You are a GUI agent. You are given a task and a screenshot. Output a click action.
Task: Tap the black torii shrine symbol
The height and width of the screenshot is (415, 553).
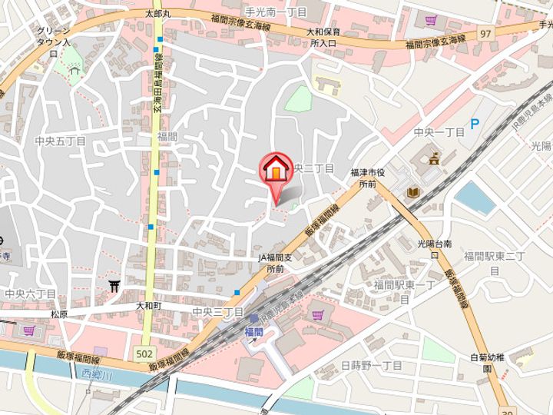pyautogui.click(x=116, y=287)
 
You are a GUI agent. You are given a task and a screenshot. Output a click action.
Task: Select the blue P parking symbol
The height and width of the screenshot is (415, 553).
pyautogui.click(x=474, y=123)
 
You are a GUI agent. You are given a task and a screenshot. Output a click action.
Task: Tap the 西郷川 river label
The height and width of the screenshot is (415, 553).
pyautogui.click(x=97, y=374)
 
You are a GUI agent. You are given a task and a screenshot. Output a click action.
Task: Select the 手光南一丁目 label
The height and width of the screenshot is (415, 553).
pyautogui.click(x=275, y=13)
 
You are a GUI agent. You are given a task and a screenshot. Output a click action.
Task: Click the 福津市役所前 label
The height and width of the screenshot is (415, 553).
pyautogui.click(x=371, y=179)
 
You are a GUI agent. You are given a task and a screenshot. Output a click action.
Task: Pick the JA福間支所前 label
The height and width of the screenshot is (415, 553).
pyautogui.click(x=276, y=264)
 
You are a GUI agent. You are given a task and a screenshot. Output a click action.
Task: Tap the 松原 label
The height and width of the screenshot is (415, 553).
pyautogui.click(x=59, y=314)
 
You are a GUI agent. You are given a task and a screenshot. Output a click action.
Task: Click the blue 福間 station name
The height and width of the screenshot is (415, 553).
pyautogui.click(x=253, y=331)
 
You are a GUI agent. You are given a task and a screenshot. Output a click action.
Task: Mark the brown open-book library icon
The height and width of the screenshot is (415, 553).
pyautogui.click(x=414, y=191)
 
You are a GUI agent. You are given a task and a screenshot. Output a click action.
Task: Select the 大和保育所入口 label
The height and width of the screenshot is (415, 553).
pyautogui.click(x=323, y=38)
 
